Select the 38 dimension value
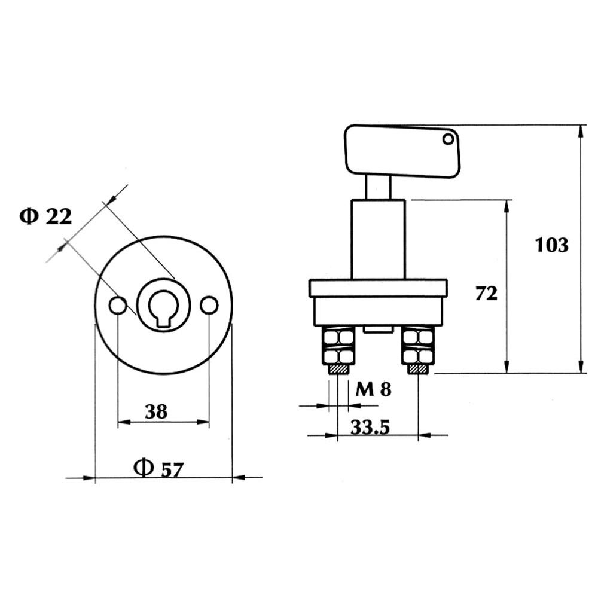pyautogui.click(x=156, y=411)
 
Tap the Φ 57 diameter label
pyautogui.click(x=158, y=468)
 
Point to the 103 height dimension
pyautogui.click(x=551, y=245)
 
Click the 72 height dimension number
pyautogui.click(x=486, y=294)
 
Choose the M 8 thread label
pyautogui.click(x=373, y=390)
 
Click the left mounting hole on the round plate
pyautogui.click(x=118, y=305)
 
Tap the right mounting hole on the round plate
pyautogui.click(x=209, y=305)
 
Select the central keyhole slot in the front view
pyautogui.click(x=163, y=308)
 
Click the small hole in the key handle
pyautogui.click(x=448, y=139)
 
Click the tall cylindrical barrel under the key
pyautogui.click(x=378, y=239)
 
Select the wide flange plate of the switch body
pyautogui.click(x=378, y=288)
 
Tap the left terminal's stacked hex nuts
pyautogui.click(x=338, y=347)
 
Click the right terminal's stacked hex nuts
pyautogui.click(x=418, y=347)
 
